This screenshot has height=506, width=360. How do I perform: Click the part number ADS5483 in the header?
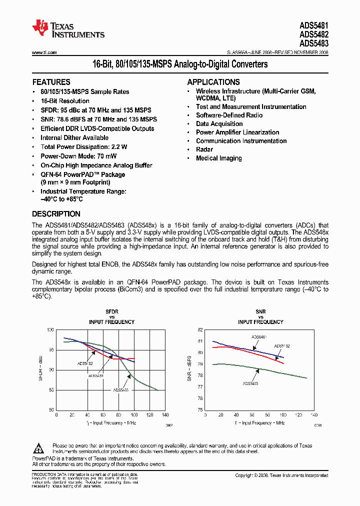tap(314, 43)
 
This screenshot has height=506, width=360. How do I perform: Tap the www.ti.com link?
tap(44, 52)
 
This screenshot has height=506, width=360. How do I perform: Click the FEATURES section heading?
tap(51, 82)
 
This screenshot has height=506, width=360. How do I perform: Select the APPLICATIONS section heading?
tap(213, 82)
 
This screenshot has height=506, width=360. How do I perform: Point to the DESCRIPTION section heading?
tap(56, 214)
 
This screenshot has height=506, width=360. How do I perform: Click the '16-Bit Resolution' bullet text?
tap(65, 101)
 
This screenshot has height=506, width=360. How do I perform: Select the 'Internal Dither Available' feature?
tap(74, 138)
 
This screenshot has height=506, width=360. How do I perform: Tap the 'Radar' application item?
tap(204, 149)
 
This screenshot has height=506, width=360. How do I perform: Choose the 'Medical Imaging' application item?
tap(219, 158)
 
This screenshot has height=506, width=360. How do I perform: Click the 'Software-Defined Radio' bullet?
tap(229, 115)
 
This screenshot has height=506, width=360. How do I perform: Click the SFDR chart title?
tap(112, 311)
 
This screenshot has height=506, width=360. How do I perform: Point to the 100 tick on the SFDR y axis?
tap(50, 330)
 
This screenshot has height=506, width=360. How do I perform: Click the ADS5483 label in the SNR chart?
tap(250, 383)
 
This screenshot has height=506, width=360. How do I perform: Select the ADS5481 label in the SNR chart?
tap(259, 337)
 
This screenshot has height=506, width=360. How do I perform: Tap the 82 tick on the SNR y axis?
tap(200, 330)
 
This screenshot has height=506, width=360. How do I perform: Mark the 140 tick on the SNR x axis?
tap(314, 415)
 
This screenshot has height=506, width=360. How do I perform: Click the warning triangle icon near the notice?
tap(41, 448)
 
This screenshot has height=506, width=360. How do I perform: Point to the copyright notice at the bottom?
tap(281, 475)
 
